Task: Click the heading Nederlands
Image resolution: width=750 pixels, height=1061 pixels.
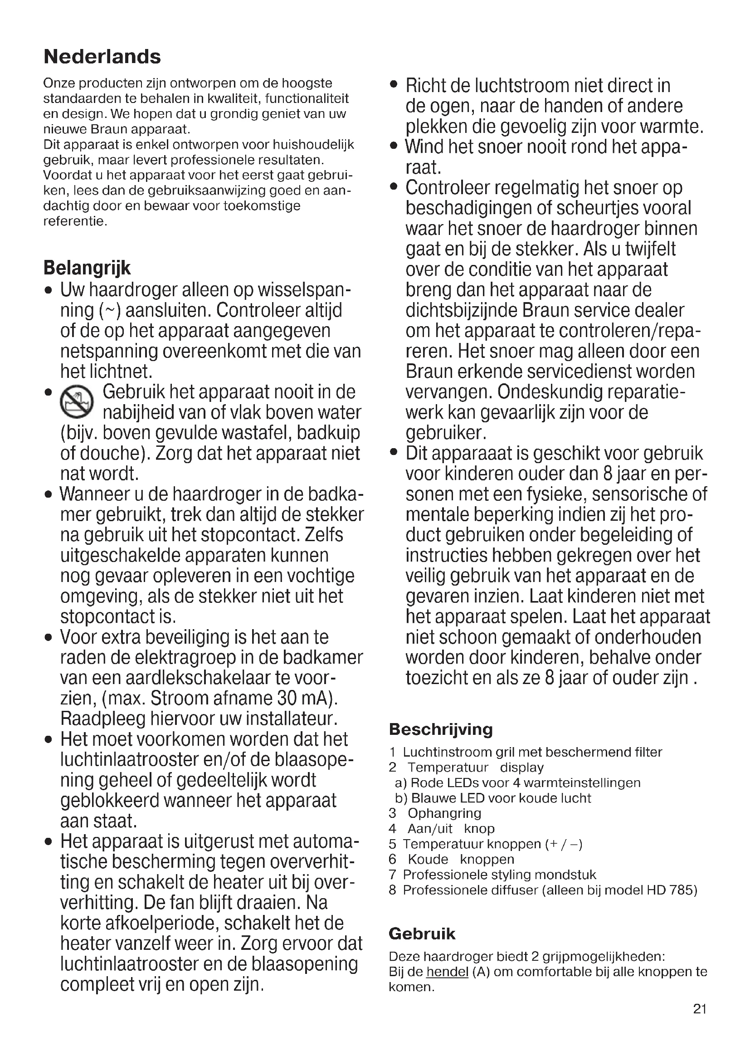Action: tap(102, 57)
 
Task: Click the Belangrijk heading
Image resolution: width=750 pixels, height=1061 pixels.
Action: tap(87, 268)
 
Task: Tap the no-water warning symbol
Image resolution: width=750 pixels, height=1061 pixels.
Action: tap(77, 400)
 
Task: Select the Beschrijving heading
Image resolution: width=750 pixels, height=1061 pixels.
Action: tap(441, 729)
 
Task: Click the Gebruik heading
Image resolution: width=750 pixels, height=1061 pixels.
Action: tap(422, 934)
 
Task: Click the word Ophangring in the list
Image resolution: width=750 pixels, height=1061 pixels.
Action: tap(444, 813)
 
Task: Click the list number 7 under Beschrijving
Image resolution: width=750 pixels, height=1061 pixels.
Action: tap(393, 875)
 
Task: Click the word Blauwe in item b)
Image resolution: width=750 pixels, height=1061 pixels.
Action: tap(431, 798)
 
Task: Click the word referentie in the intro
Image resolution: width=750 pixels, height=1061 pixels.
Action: tap(75, 221)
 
